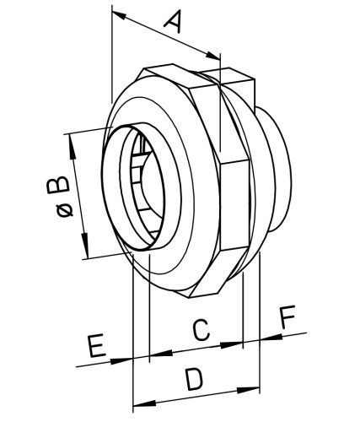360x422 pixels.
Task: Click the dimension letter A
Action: coord(173,21)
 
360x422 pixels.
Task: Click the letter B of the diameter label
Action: coord(58,185)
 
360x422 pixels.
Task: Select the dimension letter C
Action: coord(201,330)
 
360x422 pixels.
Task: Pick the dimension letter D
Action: coord(195,380)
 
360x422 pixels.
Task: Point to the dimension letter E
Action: coord(97,346)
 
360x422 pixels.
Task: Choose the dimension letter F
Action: coord(288,316)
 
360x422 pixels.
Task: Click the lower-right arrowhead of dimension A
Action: coord(213,56)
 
